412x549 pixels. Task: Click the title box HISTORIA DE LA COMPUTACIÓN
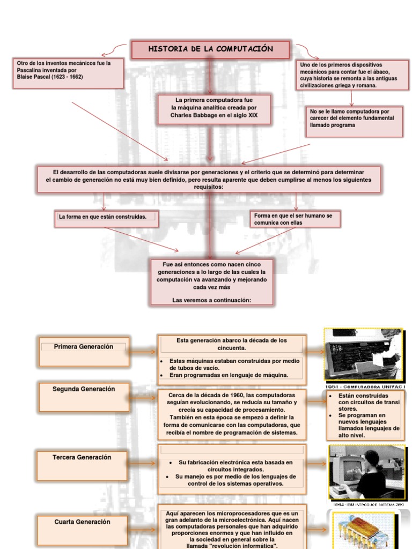(x=211, y=49)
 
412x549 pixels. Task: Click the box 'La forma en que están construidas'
(x=106, y=217)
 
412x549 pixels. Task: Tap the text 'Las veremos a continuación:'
(x=211, y=300)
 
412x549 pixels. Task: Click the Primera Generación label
(x=84, y=347)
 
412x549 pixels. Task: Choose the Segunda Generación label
(x=84, y=389)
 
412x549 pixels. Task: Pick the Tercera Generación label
(x=82, y=457)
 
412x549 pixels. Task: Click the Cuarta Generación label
(x=82, y=522)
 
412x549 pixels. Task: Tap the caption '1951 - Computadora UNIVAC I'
(x=365, y=386)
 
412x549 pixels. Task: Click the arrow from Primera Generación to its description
(x=143, y=352)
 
